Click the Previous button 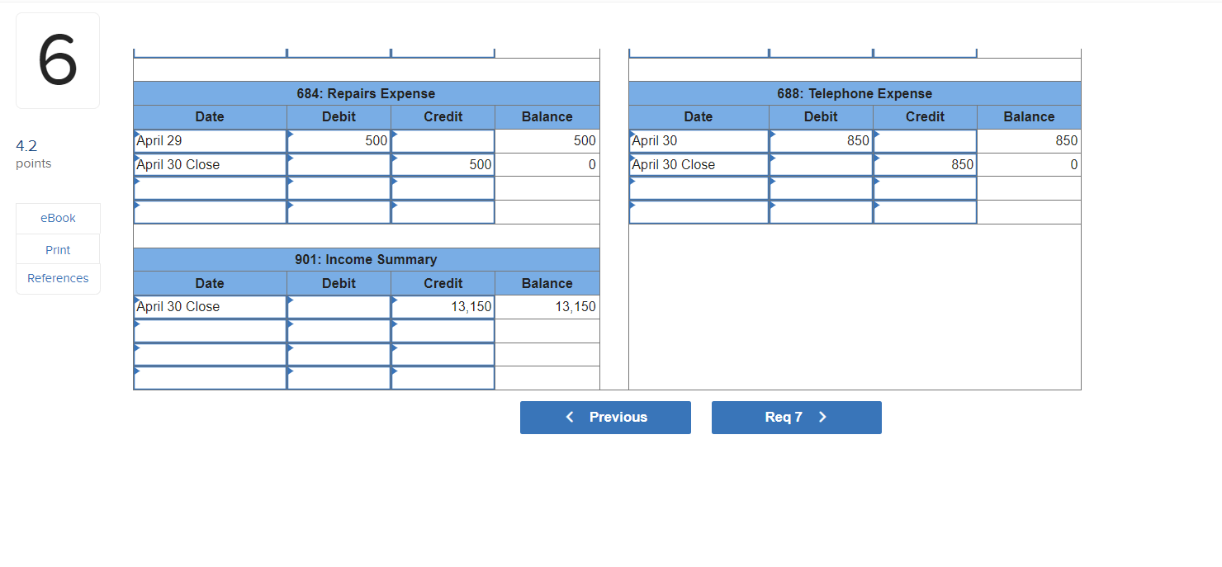coord(605,418)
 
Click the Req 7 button coord(796,418)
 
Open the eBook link coord(58,218)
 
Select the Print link coord(58,250)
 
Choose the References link coord(58,278)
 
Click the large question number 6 coord(58,61)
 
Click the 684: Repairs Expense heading coord(366,93)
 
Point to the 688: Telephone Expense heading coord(855,93)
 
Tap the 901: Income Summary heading coord(366,259)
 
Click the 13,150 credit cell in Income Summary coord(443,307)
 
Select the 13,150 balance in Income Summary coord(547,307)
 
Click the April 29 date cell coord(210,141)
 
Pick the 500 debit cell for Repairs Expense coord(339,141)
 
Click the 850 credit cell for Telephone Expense coord(925,165)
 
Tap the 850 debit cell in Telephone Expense coord(821,141)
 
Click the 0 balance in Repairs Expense coord(547,165)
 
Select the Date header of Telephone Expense coord(699,117)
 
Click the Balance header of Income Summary coord(547,283)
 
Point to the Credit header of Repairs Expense coord(443,117)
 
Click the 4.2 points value coord(26,146)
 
